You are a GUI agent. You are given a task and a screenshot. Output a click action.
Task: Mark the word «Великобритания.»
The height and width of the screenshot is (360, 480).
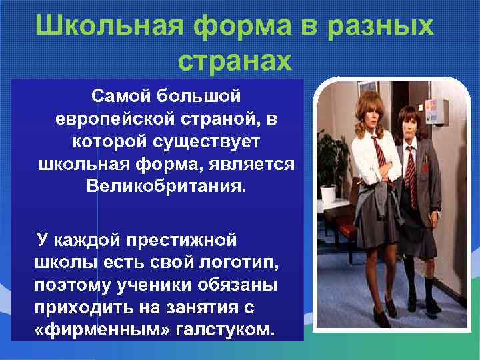click(x=166, y=183)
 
